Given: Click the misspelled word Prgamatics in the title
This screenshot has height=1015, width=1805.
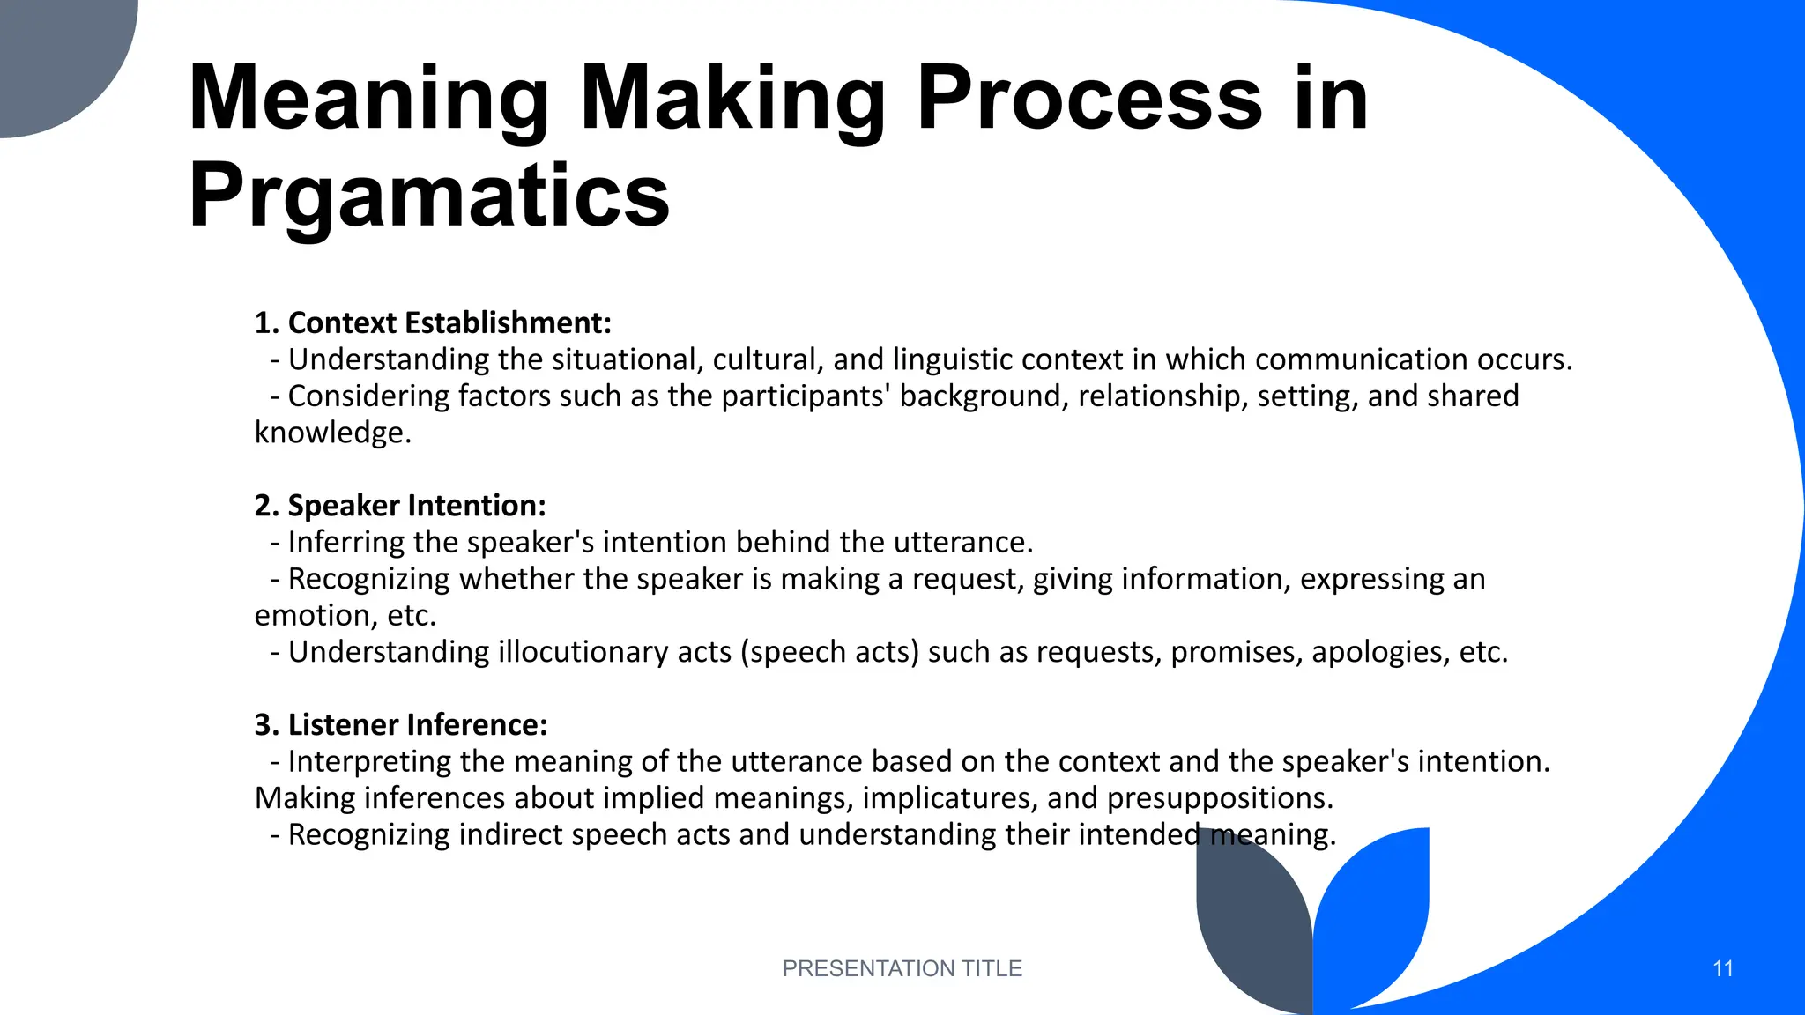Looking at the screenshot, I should (x=429, y=196).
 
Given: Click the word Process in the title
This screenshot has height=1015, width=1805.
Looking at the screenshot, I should (x=1089, y=99).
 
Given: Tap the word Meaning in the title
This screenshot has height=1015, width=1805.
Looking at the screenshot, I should (x=369, y=99).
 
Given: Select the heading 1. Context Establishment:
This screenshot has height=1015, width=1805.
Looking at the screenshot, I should (x=433, y=323).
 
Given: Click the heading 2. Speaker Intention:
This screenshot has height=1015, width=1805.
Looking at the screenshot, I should (x=400, y=506).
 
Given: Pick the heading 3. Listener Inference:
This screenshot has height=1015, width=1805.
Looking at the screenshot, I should (x=401, y=725).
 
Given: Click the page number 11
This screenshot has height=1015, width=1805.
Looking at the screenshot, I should (x=1722, y=968).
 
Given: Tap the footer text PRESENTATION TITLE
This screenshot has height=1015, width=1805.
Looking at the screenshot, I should (x=902, y=968).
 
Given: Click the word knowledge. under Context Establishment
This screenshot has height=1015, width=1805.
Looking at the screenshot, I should (x=333, y=433).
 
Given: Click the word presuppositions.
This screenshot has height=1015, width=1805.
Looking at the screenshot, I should (x=1220, y=798).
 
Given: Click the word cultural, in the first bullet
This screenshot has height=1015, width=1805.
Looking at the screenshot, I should (x=768, y=360).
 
